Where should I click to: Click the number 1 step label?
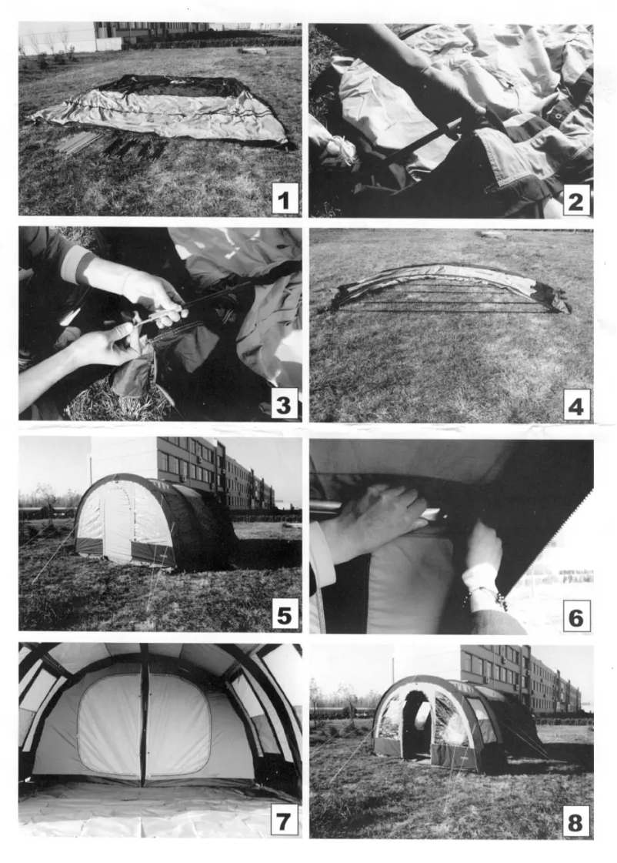[285, 199]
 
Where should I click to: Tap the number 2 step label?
[575, 200]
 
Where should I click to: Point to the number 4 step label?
[575, 406]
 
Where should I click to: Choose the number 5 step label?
[285, 614]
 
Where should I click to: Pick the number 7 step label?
[284, 821]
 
